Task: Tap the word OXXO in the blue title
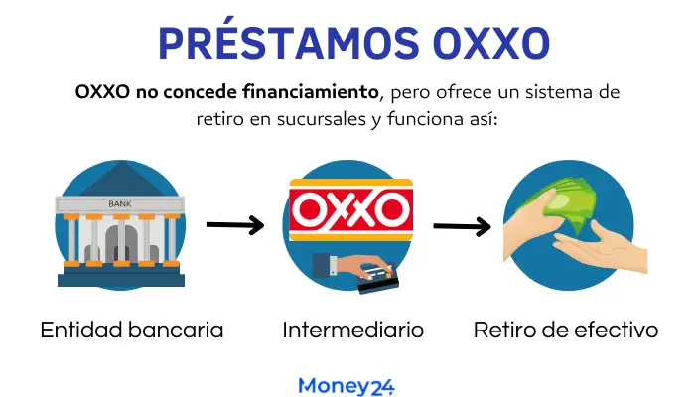click(491, 43)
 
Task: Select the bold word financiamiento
click(310, 92)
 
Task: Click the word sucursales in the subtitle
click(322, 119)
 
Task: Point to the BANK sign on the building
click(120, 204)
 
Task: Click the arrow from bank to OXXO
click(235, 225)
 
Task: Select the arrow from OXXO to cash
click(462, 226)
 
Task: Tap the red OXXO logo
click(351, 209)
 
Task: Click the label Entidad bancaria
click(132, 331)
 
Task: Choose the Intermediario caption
click(353, 331)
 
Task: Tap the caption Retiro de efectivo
click(566, 331)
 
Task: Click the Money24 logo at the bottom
click(347, 386)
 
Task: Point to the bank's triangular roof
click(120, 180)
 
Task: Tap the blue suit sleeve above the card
click(324, 265)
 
